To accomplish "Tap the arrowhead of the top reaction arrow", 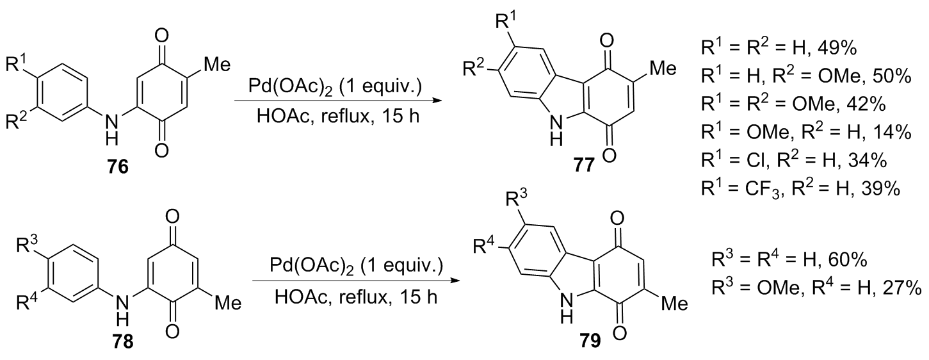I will (x=439, y=101).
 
